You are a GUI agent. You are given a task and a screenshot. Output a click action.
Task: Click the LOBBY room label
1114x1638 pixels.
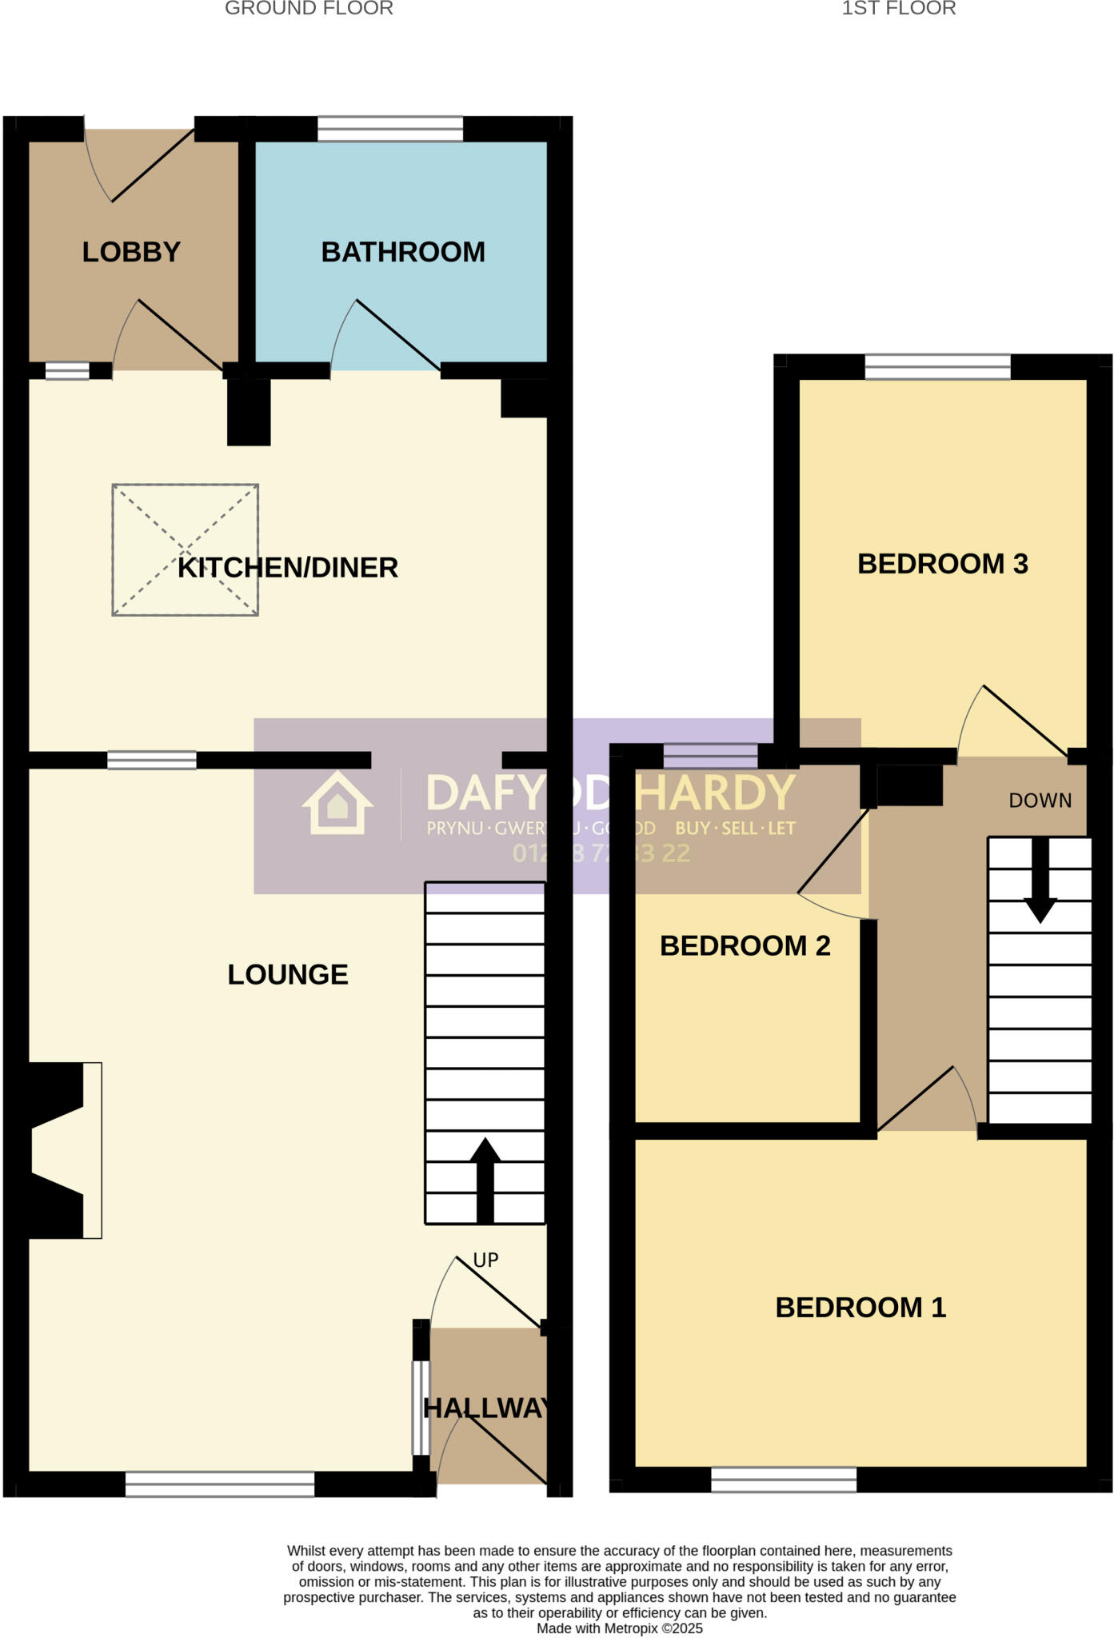click(x=131, y=252)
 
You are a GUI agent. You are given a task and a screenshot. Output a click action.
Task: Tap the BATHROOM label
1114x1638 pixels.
click(x=403, y=252)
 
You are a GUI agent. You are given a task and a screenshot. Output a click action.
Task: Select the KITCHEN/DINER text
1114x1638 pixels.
click(x=288, y=568)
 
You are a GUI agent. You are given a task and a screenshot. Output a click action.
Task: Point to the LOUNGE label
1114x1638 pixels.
click(x=288, y=974)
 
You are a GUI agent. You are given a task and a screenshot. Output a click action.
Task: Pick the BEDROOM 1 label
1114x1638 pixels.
click(x=860, y=1308)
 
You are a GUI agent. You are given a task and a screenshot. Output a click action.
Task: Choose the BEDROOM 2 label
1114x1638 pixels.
click(x=745, y=946)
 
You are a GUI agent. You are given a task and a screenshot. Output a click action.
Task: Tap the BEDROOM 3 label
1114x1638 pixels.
click(x=942, y=564)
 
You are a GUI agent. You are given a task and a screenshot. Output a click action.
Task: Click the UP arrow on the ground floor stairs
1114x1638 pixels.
click(x=485, y=1179)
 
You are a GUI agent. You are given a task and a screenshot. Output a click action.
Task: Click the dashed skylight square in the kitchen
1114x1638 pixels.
click(x=185, y=549)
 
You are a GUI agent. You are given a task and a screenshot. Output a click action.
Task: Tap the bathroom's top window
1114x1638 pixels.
click(x=390, y=129)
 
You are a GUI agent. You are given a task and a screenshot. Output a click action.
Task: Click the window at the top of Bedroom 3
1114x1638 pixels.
click(x=937, y=367)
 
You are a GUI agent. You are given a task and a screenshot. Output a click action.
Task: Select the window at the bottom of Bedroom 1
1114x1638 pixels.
click(x=784, y=1480)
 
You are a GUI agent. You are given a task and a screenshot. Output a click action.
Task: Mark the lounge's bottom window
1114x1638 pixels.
click(x=220, y=1484)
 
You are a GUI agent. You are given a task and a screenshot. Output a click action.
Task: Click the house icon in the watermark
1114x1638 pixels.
click(x=337, y=804)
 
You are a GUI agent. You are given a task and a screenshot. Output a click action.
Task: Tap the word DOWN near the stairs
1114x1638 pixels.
click(x=1040, y=801)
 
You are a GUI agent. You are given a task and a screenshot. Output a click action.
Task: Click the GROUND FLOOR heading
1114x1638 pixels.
click(x=309, y=9)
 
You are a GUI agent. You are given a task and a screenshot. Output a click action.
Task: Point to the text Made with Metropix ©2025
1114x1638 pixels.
click(x=620, y=1628)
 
